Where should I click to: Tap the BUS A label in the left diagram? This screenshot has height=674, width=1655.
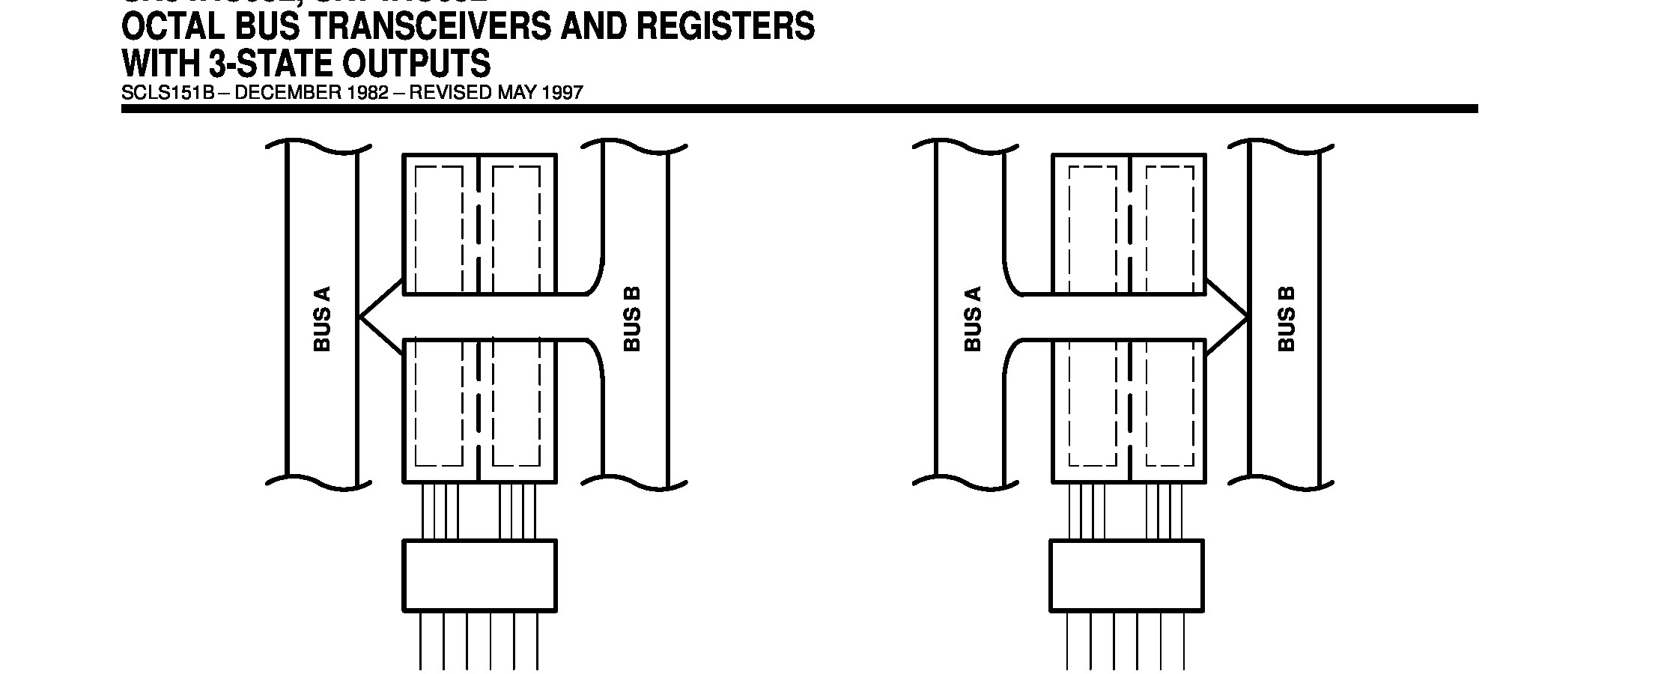pyautogui.click(x=322, y=319)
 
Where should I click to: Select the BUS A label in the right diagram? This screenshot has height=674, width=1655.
pyautogui.click(x=972, y=319)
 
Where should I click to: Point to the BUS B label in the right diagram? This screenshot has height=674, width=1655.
pyautogui.click(x=1287, y=319)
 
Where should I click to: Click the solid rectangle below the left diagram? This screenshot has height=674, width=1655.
pyautogui.click(x=480, y=575)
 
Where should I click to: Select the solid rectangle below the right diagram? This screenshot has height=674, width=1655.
pyautogui.click(x=1126, y=575)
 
